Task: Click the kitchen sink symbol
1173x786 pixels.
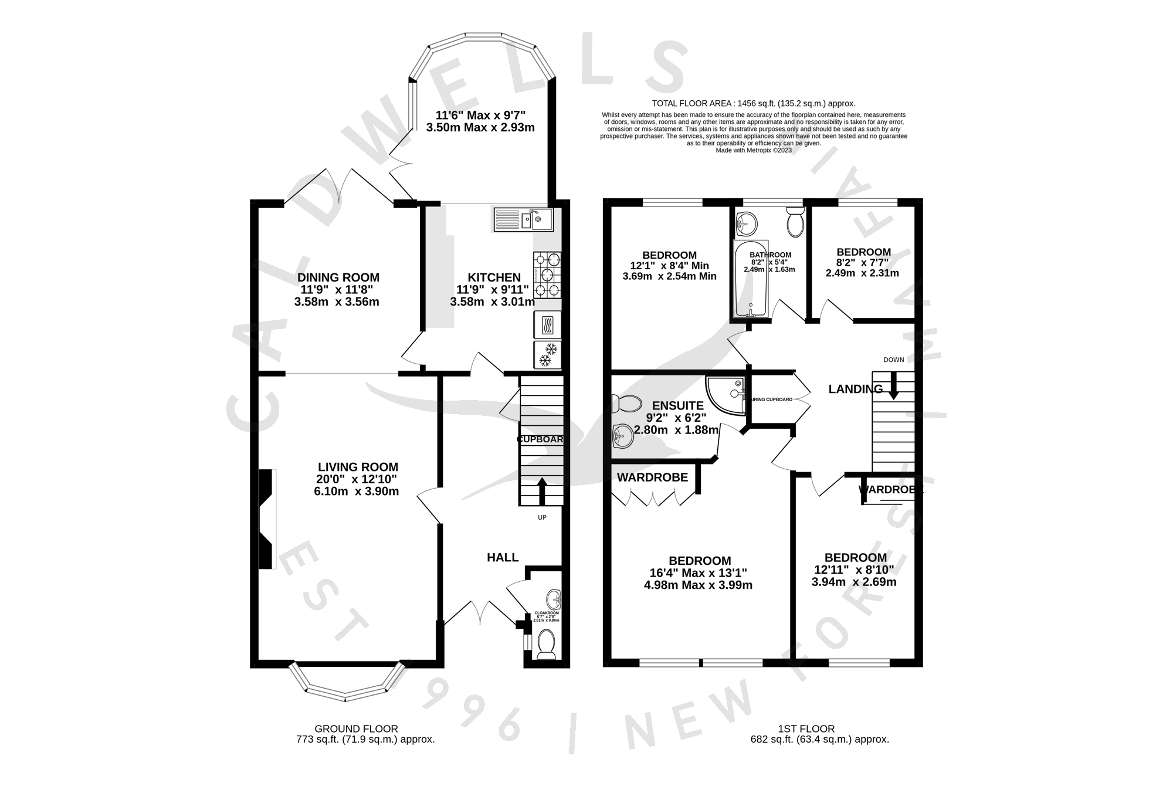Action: (523, 219)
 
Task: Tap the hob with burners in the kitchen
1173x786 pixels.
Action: (547, 275)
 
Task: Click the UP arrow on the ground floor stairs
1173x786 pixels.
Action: (541, 492)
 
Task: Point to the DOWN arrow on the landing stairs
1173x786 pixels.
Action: (893, 388)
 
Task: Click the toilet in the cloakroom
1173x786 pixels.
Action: (547, 645)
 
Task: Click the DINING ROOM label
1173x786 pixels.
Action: (338, 277)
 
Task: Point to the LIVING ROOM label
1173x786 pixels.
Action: (358, 467)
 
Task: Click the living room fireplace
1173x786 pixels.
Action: (267, 519)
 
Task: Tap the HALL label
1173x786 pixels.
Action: (503, 557)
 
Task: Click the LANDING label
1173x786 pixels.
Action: (855, 389)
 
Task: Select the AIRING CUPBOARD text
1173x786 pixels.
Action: (772, 399)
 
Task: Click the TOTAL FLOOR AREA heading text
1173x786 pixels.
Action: (753, 103)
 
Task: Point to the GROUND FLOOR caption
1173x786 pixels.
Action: (356, 729)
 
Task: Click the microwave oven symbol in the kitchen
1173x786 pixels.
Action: (547, 324)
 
